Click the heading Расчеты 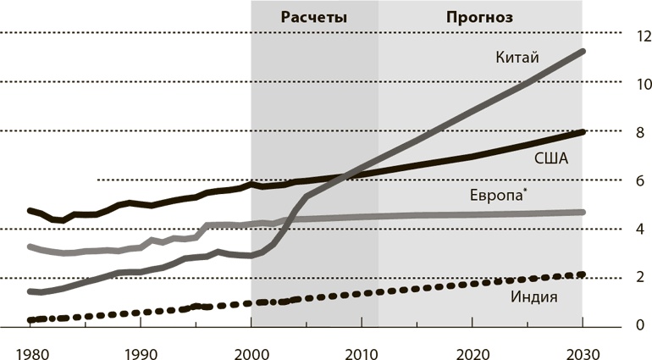pyautogui.click(x=314, y=17)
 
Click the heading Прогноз pyautogui.click(x=479, y=17)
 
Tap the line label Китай pyautogui.click(x=517, y=57)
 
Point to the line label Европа pyautogui.click(x=495, y=196)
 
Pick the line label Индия pyautogui.click(x=533, y=298)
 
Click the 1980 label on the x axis pyautogui.click(x=30, y=352)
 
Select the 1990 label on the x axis pyautogui.click(x=140, y=352)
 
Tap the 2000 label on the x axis pyautogui.click(x=251, y=352)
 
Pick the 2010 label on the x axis pyautogui.click(x=362, y=352)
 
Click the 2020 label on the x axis pyautogui.click(x=472, y=352)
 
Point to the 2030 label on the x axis pyautogui.click(x=583, y=352)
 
